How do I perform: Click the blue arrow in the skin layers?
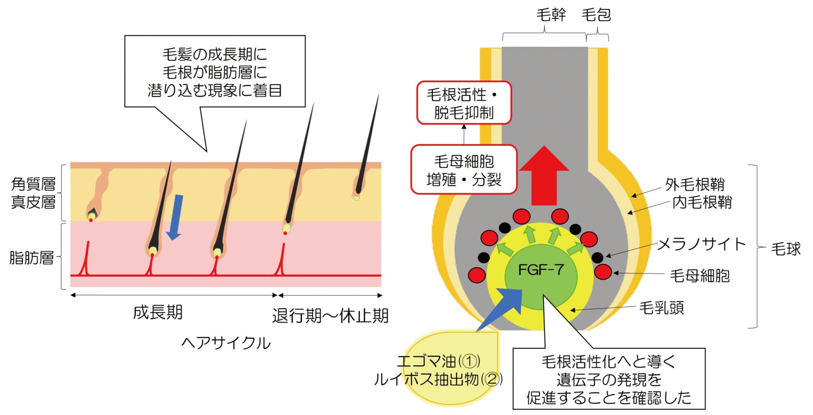(x=175, y=217)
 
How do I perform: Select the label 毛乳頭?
(x=662, y=308)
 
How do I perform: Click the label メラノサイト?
(x=701, y=244)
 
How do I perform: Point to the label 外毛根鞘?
(x=695, y=184)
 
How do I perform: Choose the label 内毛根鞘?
(x=702, y=202)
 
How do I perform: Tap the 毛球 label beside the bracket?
(x=785, y=249)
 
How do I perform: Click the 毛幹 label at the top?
(x=551, y=15)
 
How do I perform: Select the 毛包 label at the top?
(x=596, y=15)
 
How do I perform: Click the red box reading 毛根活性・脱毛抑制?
(x=464, y=103)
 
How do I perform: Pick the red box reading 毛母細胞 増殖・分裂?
(x=464, y=170)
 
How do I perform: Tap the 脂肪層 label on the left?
(x=32, y=257)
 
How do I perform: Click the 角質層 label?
(x=33, y=184)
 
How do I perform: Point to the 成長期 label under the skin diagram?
(x=158, y=312)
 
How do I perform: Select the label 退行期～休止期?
(x=330, y=316)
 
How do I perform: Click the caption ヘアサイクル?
(x=226, y=343)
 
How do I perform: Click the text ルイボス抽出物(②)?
(x=438, y=379)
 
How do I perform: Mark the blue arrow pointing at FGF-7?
(x=500, y=309)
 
